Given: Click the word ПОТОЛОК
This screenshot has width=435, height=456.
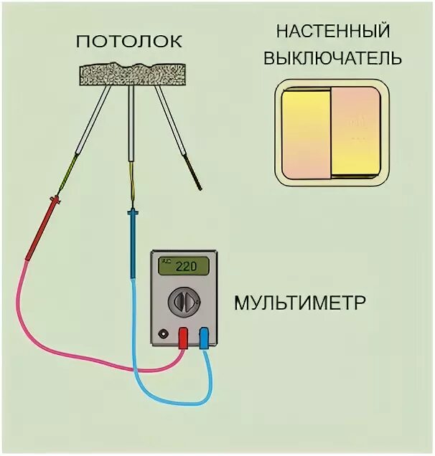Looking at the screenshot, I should tap(129, 41).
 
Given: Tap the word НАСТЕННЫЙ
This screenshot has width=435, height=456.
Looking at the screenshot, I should tap(332, 32).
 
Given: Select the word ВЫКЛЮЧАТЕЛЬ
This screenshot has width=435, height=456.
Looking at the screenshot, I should tap(332, 57).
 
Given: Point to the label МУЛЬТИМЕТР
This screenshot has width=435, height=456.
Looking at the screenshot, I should tap(300, 302).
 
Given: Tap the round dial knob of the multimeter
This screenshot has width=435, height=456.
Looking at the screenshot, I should tap(184, 302).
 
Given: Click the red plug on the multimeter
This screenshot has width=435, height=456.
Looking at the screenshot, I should tap(184, 337).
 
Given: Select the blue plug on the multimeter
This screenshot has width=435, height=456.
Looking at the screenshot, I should tap(205, 337).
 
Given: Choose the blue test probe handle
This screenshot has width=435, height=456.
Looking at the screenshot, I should tap(133, 244).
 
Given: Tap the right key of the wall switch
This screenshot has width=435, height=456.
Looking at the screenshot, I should tap(355, 133).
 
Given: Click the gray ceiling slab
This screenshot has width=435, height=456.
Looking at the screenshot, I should tap(133, 72).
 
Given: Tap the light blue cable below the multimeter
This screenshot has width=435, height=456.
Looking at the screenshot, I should tap(179, 399).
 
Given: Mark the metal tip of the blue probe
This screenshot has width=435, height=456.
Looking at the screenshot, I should tap(132, 194).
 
